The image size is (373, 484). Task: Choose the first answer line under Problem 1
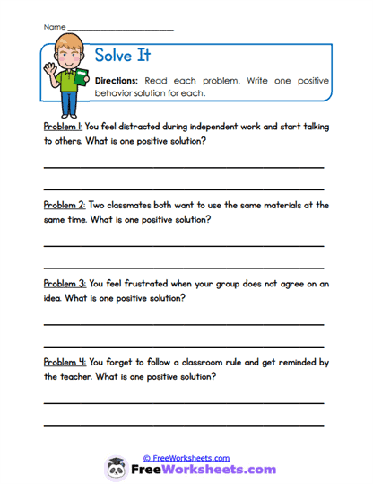tap(184, 168)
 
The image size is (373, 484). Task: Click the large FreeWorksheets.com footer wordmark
tap(202, 470)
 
